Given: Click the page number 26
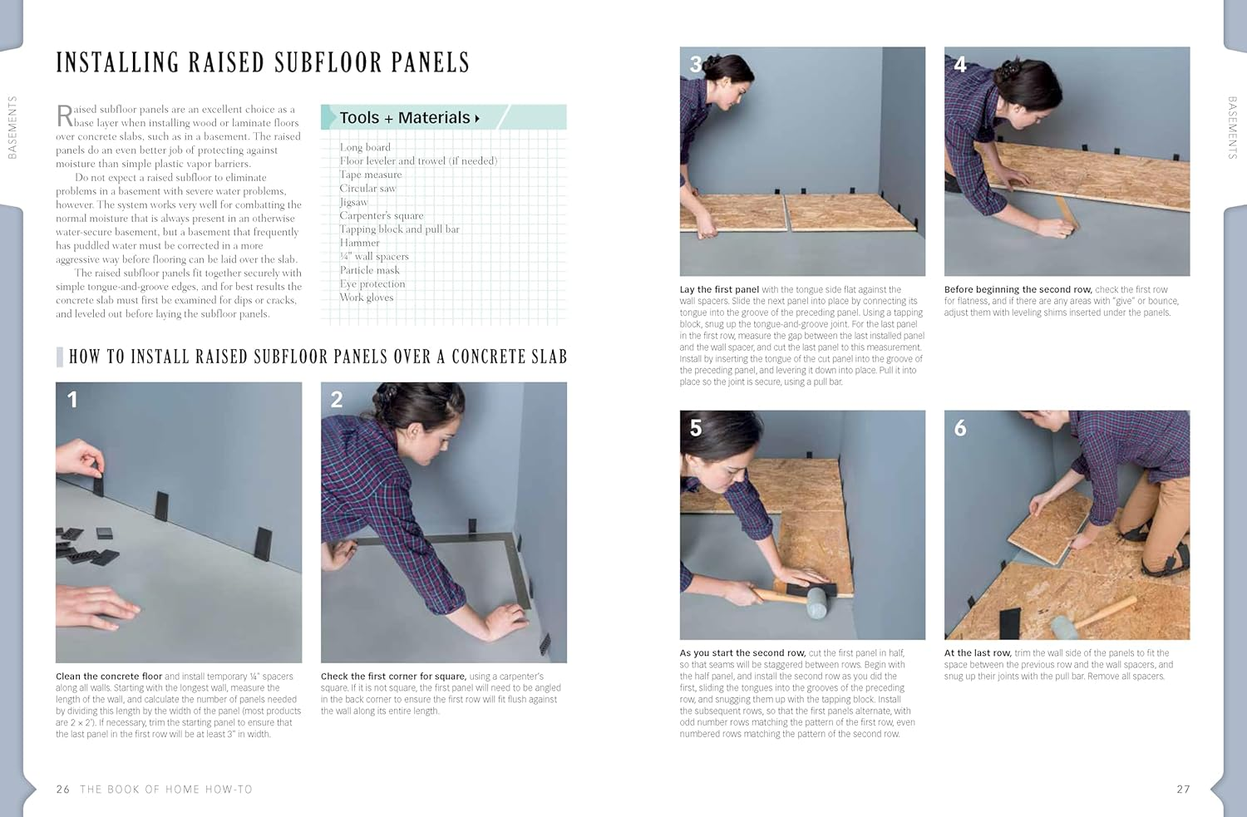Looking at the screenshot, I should click(63, 789).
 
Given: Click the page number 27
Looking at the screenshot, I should click(1183, 789).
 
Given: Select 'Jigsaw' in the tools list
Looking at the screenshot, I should click(353, 202).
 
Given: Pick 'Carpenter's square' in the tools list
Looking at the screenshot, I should click(381, 215).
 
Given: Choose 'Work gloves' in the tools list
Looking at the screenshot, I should click(366, 298).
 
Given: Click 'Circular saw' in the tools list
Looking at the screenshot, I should click(367, 188).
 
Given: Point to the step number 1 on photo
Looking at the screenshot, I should click(72, 400).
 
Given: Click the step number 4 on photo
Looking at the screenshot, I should click(960, 65).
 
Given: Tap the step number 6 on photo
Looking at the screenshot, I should click(960, 428).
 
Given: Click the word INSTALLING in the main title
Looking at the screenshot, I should click(117, 63).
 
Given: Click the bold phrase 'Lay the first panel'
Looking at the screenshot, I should click(719, 290).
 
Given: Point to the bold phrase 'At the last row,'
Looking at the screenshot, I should click(978, 653).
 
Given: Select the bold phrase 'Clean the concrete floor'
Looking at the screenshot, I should click(109, 677).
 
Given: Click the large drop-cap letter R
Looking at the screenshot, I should click(64, 116).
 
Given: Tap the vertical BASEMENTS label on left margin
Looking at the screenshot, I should click(12, 127).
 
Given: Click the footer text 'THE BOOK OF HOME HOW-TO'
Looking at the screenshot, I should click(166, 789).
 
